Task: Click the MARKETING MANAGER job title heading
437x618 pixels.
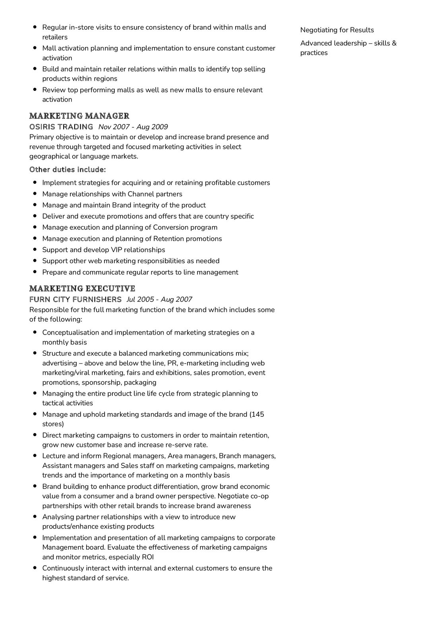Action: [79, 116]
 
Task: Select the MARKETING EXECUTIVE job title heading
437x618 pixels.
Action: [82, 288]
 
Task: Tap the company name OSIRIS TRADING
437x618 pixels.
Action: [61, 127]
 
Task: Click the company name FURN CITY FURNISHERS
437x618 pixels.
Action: [75, 299]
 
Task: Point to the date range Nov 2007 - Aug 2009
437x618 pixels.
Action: [133, 127]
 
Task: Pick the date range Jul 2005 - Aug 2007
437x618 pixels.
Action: [159, 299]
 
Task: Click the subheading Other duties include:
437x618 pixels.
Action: [68, 170]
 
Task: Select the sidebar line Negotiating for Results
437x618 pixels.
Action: [337, 30]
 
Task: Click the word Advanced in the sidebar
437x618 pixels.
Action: [316, 43]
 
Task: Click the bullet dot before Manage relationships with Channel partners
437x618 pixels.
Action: [35, 194]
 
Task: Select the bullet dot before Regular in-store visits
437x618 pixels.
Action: [35, 27]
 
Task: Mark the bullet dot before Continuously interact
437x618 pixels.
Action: [35, 568]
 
